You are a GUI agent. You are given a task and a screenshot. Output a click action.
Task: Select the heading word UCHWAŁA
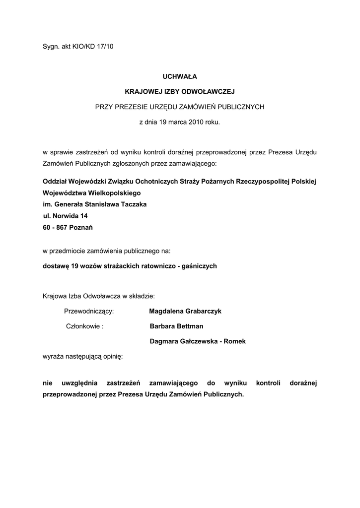point(180,76)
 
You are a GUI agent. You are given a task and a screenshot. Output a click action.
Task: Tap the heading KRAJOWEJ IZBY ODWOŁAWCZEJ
point(179,91)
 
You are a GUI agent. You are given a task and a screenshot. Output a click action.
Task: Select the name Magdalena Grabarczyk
point(185,312)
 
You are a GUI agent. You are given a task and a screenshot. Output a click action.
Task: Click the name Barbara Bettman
point(176,326)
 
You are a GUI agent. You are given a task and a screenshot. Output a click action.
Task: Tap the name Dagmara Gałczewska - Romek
point(198,341)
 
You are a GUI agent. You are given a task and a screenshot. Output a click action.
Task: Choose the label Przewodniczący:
point(89,312)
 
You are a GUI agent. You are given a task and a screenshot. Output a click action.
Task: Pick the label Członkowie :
point(85,326)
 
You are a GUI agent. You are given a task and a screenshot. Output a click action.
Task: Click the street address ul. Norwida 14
point(66,216)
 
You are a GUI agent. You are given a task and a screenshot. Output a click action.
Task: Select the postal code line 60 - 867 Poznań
point(68,228)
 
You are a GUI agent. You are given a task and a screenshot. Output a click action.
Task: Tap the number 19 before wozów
point(75,266)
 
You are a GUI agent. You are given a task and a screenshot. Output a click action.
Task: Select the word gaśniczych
point(200,266)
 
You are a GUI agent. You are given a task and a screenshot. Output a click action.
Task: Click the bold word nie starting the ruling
point(48,383)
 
